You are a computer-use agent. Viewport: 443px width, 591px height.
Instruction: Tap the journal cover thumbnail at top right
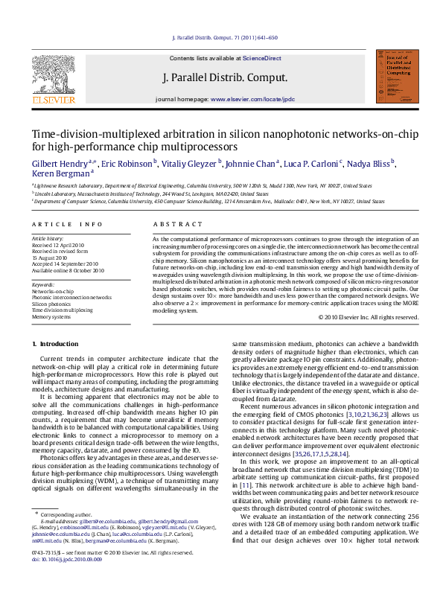394,77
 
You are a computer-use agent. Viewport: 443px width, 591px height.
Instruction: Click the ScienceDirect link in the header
262,58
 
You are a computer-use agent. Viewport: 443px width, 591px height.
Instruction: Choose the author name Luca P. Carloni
313,163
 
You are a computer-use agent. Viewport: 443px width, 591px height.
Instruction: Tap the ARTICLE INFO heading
67,224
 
